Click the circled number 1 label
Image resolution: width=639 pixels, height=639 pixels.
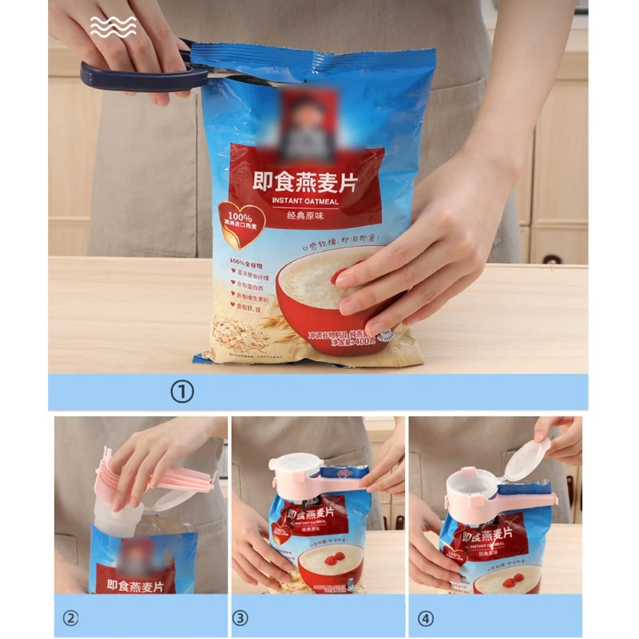pos(184,392)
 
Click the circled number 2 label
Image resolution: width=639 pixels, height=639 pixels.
pos(71,617)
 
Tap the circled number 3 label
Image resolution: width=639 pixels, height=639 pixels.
pos(240,617)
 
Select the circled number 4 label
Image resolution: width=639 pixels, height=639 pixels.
pos(424,617)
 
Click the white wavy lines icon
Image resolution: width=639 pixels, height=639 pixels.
pos(113,26)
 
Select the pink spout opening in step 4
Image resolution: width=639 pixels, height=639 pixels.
pos(471,483)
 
